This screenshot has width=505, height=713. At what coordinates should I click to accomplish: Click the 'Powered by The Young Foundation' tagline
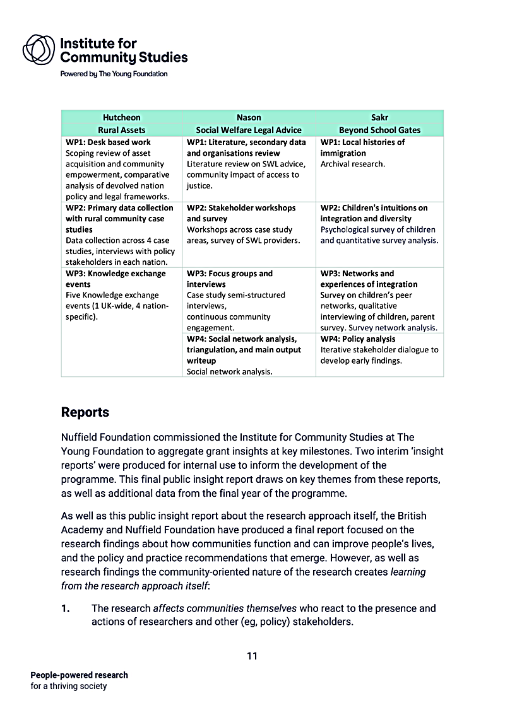pos(114,74)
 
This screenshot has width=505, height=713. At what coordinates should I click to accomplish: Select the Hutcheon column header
pos(121,117)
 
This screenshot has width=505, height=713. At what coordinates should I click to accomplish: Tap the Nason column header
pos(249,117)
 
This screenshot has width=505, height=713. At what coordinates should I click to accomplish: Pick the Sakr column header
pos(379,117)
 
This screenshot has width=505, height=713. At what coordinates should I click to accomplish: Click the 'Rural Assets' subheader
pos(121,130)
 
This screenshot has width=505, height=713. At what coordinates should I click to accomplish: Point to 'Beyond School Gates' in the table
pos(379,130)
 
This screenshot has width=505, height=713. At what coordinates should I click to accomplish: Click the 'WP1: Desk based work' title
pos(108,142)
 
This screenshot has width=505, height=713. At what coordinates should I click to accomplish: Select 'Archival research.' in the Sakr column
pos(352,164)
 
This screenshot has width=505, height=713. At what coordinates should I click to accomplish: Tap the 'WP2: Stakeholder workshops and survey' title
pos(241,213)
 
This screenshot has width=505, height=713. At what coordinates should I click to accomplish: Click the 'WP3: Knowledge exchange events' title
pos(116,279)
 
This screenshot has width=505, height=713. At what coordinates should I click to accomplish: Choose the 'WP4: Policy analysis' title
pos(357,339)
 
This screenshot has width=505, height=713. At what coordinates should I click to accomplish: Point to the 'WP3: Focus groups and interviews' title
pos(230,279)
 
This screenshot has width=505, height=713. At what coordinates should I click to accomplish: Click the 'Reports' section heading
pos(85,412)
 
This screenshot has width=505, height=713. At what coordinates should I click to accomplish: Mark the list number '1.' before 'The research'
pos(65,608)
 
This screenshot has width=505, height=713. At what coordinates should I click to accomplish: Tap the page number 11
pos(252,656)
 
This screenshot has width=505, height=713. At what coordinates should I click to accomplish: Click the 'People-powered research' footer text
pos(79,675)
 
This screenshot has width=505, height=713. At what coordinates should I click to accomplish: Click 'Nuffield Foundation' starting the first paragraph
pos(101,437)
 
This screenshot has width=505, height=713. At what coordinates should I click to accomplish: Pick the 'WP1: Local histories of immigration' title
pos(362,148)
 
